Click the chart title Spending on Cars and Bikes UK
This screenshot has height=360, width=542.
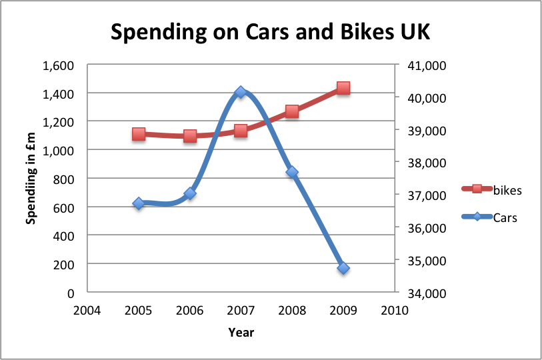271,32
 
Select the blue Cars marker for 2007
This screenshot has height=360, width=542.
241,93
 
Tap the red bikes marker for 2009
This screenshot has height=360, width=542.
343,88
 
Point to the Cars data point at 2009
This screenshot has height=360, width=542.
343,268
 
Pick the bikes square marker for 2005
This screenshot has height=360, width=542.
139,134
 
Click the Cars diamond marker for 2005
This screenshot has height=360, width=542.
139,203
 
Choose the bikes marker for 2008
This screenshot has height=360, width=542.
292,111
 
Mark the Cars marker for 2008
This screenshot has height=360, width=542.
292,172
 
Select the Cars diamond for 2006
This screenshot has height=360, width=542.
190,193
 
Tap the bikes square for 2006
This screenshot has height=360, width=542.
190,136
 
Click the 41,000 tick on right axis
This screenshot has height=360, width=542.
421,65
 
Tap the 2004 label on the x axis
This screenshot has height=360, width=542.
87,311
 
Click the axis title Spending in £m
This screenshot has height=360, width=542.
31,179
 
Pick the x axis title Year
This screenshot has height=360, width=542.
241,332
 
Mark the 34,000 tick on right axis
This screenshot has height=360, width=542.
421,293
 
